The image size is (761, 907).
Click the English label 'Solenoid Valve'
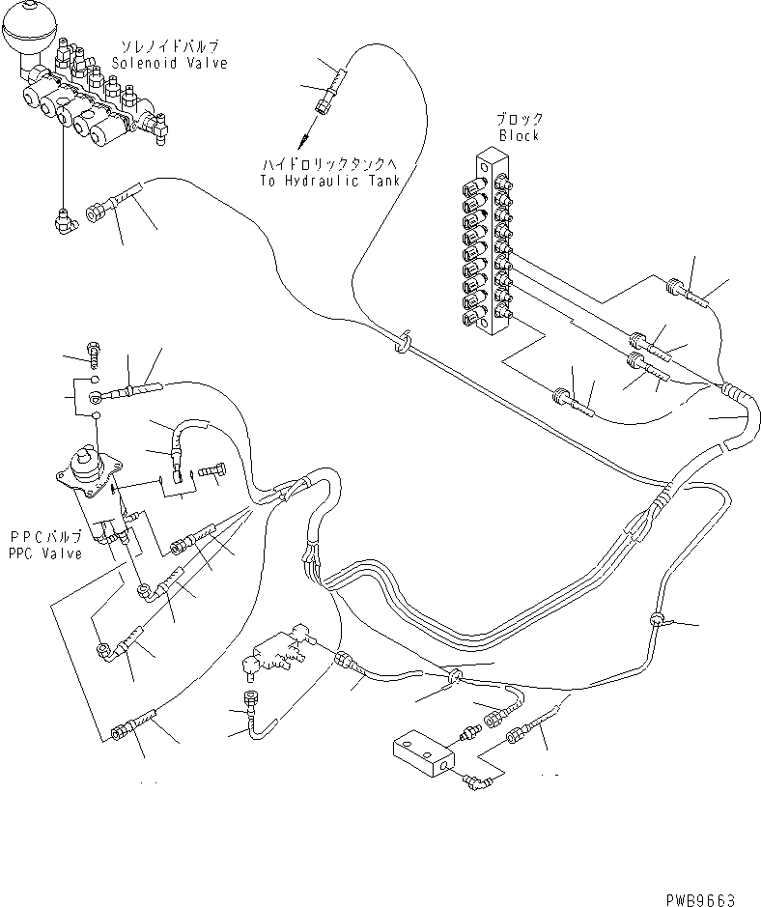pyautogui.click(x=169, y=64)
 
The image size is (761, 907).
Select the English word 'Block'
pyautogui.click(x=519, y=136)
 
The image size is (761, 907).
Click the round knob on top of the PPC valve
pyautogui.click(x=85, y=461)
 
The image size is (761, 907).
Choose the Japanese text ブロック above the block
pyautogui.click(x=519, y=120)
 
